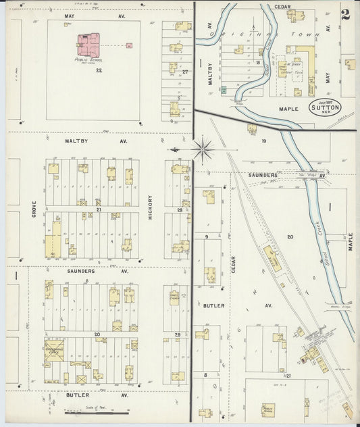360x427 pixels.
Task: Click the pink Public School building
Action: tap(88, 45)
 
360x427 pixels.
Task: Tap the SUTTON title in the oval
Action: tap(325, 107)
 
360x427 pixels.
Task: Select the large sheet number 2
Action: tap(345, 15)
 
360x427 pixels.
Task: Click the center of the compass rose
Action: tap(202, 149)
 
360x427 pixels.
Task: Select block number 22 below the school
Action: tap(99, 70)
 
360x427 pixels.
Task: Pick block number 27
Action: tap(184, 70)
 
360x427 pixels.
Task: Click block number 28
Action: tap(180, 210)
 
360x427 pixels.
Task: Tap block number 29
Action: tap(178, 334)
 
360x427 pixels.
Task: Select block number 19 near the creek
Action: tap(265, 141)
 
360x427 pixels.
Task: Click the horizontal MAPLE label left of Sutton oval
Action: tap(288, 107)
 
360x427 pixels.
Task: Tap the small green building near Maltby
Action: tap(224, 89)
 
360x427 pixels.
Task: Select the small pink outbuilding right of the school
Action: tap(128, 45)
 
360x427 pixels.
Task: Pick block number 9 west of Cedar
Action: tap(205, 236)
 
